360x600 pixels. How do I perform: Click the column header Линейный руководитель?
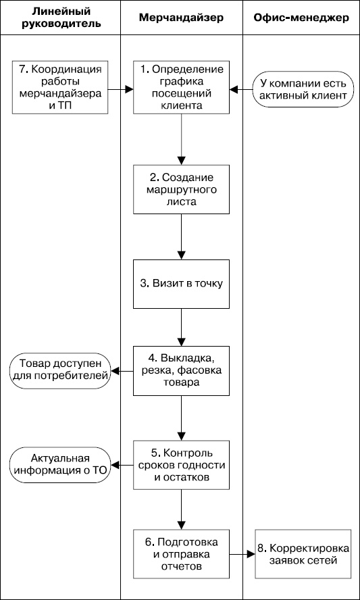click(x=61, y=18)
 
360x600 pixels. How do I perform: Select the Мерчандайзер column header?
click(x=181, y=18)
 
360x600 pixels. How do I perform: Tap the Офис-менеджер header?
click(x=301, y=18)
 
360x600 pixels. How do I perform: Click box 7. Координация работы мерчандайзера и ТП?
click(x=61, y=88)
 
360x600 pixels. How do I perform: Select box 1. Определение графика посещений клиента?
click(x=181, y=88)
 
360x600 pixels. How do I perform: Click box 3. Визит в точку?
click(x=181, y=283)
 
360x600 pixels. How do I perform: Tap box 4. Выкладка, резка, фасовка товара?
click(x=181, y=370)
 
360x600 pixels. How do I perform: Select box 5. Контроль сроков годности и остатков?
click(x=181, y=465)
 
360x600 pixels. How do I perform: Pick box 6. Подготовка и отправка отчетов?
click(x=181, y=555)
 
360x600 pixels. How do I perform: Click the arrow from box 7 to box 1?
click(x=120, y=88)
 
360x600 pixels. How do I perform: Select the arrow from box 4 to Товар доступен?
click(x=122, y=370)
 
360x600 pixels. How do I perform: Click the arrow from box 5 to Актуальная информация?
click(x=122, y=465)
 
